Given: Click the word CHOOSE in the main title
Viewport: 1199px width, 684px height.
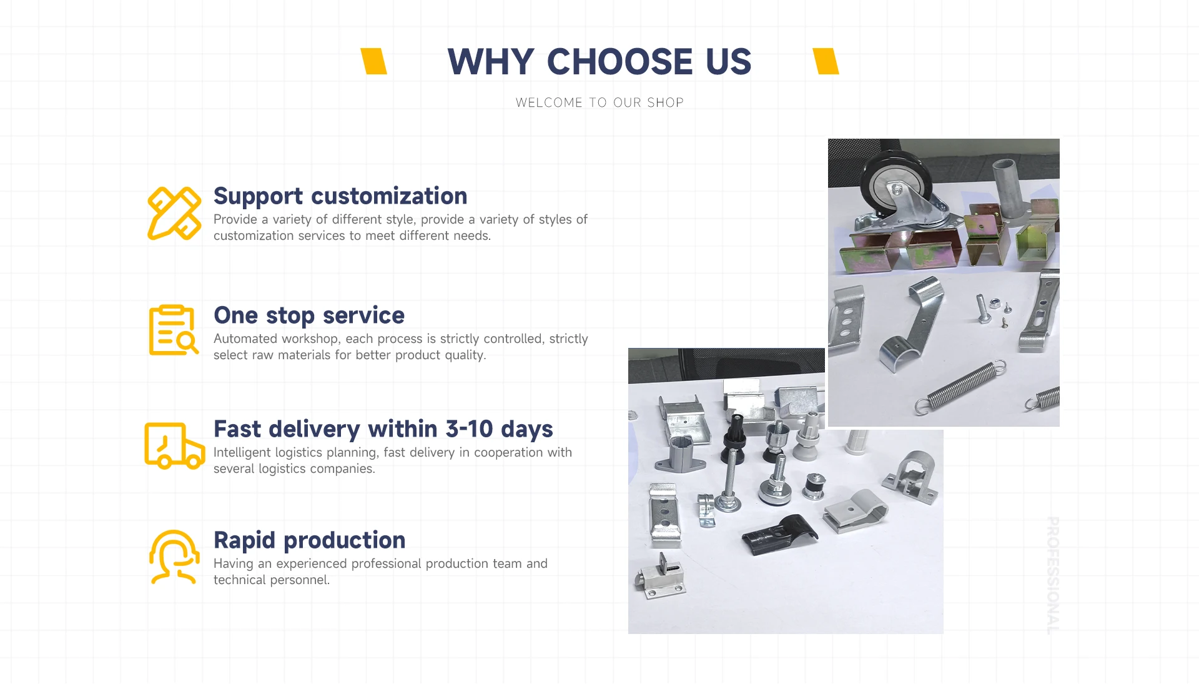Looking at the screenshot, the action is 619,61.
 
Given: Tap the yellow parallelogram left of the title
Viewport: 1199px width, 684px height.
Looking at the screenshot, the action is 374,61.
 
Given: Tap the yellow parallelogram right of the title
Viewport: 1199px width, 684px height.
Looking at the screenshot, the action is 826,61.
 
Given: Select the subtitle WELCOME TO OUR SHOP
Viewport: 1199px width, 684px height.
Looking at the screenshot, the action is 599,102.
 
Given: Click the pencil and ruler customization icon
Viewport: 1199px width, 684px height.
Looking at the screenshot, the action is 174,213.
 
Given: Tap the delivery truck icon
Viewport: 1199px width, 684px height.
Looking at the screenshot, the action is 175,445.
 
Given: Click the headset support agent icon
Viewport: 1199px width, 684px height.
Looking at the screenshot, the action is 174,557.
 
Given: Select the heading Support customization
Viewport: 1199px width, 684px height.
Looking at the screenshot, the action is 340,196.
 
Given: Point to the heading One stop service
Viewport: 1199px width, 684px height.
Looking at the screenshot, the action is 309,315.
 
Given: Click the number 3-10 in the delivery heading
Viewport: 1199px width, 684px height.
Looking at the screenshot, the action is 469,429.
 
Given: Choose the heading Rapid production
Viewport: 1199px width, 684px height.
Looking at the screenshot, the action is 310,540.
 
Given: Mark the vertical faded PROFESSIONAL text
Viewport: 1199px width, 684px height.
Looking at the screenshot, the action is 1053,575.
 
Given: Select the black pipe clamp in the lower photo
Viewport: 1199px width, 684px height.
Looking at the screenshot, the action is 780,533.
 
